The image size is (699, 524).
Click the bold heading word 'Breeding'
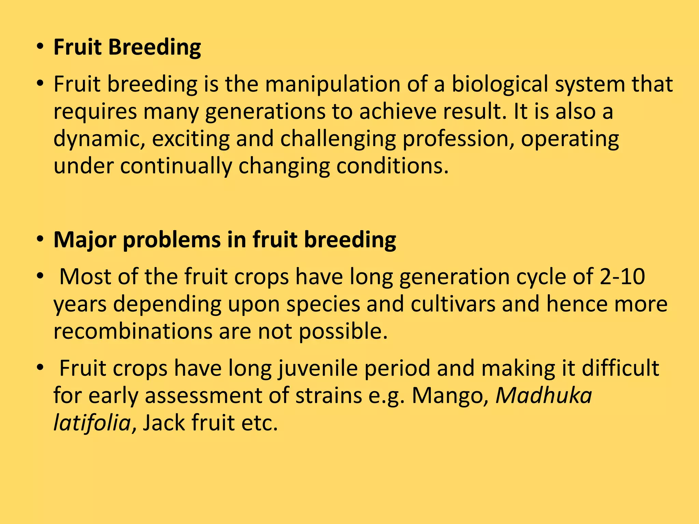154,47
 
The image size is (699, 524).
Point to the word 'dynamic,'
99,139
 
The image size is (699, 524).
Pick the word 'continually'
176,166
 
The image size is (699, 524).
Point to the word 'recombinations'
133,331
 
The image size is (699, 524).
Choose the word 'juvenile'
318,368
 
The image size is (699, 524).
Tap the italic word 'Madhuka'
544,396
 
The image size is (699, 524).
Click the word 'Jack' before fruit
163,423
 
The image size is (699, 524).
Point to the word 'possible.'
343,331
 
